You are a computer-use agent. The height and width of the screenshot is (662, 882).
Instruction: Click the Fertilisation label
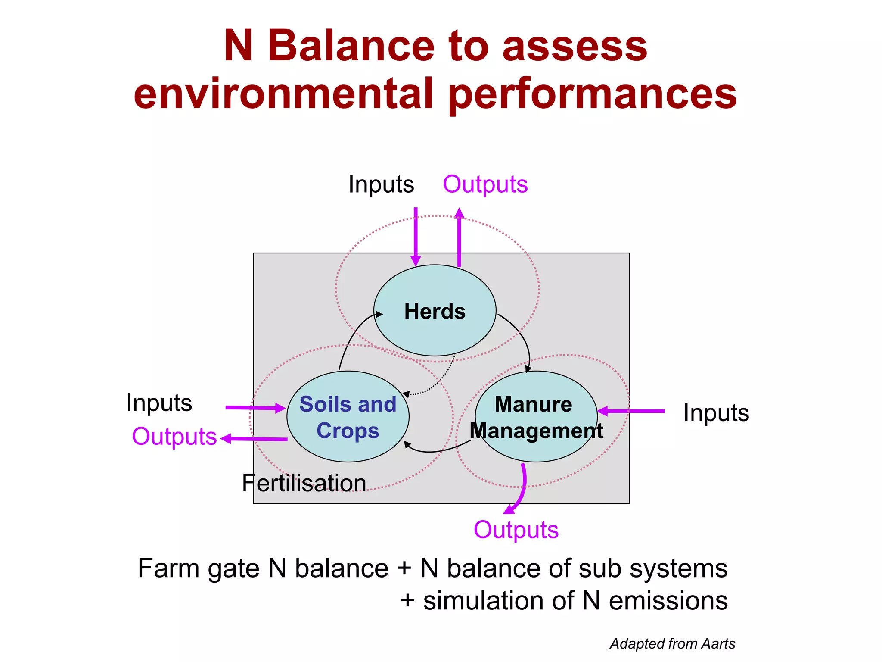click(304, 483)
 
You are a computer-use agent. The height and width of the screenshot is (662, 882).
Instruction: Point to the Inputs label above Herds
click(381, 184)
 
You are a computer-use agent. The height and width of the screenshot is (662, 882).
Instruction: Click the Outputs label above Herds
click(485, 184)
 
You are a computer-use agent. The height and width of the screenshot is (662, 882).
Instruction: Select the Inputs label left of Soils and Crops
click(159, 403)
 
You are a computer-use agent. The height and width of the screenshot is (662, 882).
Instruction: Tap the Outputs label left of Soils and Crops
click(174, 436)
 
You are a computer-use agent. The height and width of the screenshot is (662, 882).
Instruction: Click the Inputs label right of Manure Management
click(716, 412)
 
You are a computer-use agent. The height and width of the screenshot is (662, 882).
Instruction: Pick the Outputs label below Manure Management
click(516, 530)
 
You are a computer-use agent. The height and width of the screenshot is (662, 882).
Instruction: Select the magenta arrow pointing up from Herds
click(459, 237)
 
